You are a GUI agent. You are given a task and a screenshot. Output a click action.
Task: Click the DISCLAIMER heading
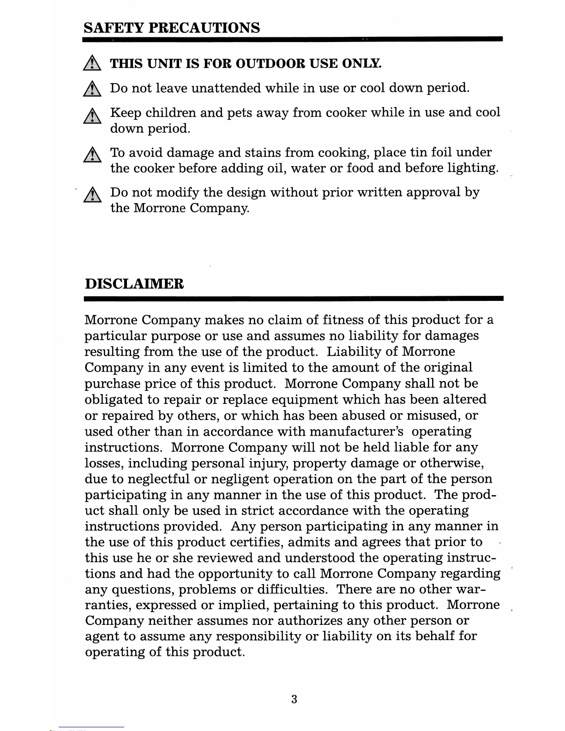coord(134,283)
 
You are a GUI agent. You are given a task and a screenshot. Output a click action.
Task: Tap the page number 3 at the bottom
coord(294,699)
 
